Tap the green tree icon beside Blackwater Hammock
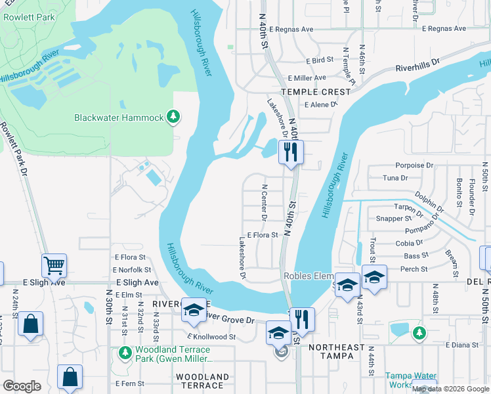click(x=173, y=117)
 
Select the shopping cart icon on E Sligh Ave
click(x=54, y=266)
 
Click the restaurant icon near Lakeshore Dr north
click(x=291, y=152)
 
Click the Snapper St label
click(x=393, y=218)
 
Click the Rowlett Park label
click(x=28, y=17)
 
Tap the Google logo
click(x=22, y=386)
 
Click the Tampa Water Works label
click(x=410, y=381)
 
